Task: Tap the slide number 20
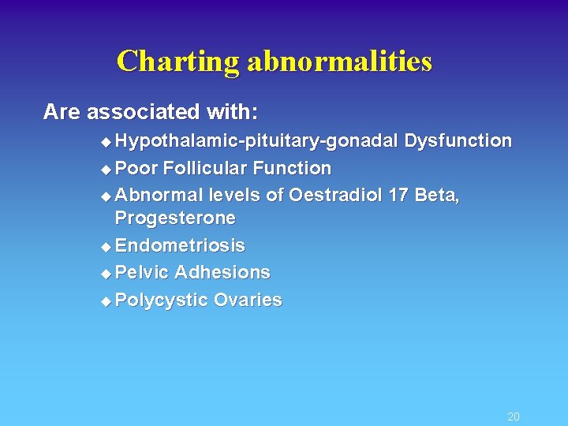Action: click(514, 417)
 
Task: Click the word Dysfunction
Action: click(458, 141)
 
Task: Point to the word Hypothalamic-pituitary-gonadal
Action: click(256, 141)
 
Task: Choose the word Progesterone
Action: click(175, 218)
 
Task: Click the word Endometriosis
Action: click(180, 246)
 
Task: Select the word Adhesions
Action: click(222, 273)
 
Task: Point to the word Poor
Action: click(136, 168)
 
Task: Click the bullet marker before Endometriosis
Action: click(107, 247)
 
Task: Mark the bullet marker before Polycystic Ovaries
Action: click(107, 301)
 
